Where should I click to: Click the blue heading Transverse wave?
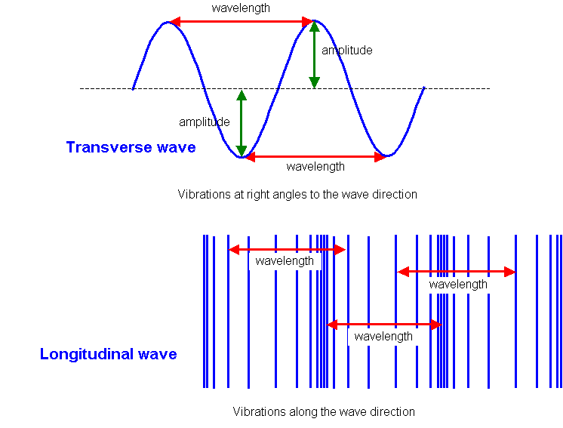click(131, 147)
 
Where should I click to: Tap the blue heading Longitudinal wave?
click(109, 354)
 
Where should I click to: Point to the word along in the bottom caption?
click(303, 412)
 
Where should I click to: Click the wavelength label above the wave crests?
click(241, 8)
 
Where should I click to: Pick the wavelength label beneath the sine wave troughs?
click(315, 167)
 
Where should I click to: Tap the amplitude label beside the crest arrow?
click(346, 51)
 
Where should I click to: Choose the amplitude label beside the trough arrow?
click(204, 122)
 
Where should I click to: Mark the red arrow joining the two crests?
click(240, 23)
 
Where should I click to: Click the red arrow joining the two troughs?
click(315, 157)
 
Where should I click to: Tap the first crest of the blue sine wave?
click(168, 23)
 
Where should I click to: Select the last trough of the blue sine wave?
click(386, 155)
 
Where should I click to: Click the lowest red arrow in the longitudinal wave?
click(383, 325)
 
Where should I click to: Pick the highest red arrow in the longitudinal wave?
click(287, 249)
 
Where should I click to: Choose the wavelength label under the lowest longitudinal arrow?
click(383, 337)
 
